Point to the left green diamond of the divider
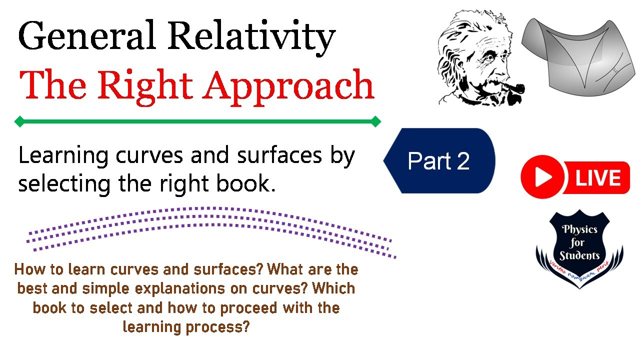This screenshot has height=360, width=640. pyautogui.click(x=19, y=121)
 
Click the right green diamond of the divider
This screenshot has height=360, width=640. pyautogui.click(x=376, y=121)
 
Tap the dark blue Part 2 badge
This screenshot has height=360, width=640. pyautogui.click(x=439, y=161)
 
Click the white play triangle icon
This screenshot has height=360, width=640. pyautogui.click(x=543, y=177)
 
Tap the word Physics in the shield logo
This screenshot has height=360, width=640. pyautogui.click(x=580, y=230)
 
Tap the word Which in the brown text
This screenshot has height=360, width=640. pyautogui.click(x=336, y=288)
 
